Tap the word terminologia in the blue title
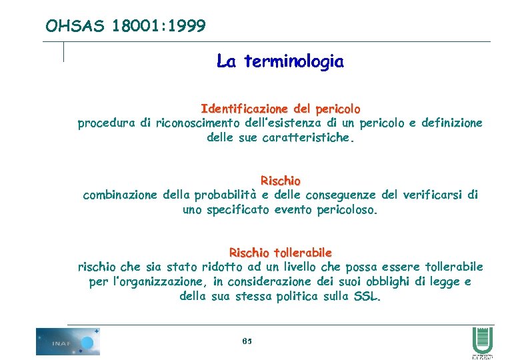click(294, 62)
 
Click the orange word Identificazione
click(243, 109)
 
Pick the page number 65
click(247, 341)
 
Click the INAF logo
click(68, 341)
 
